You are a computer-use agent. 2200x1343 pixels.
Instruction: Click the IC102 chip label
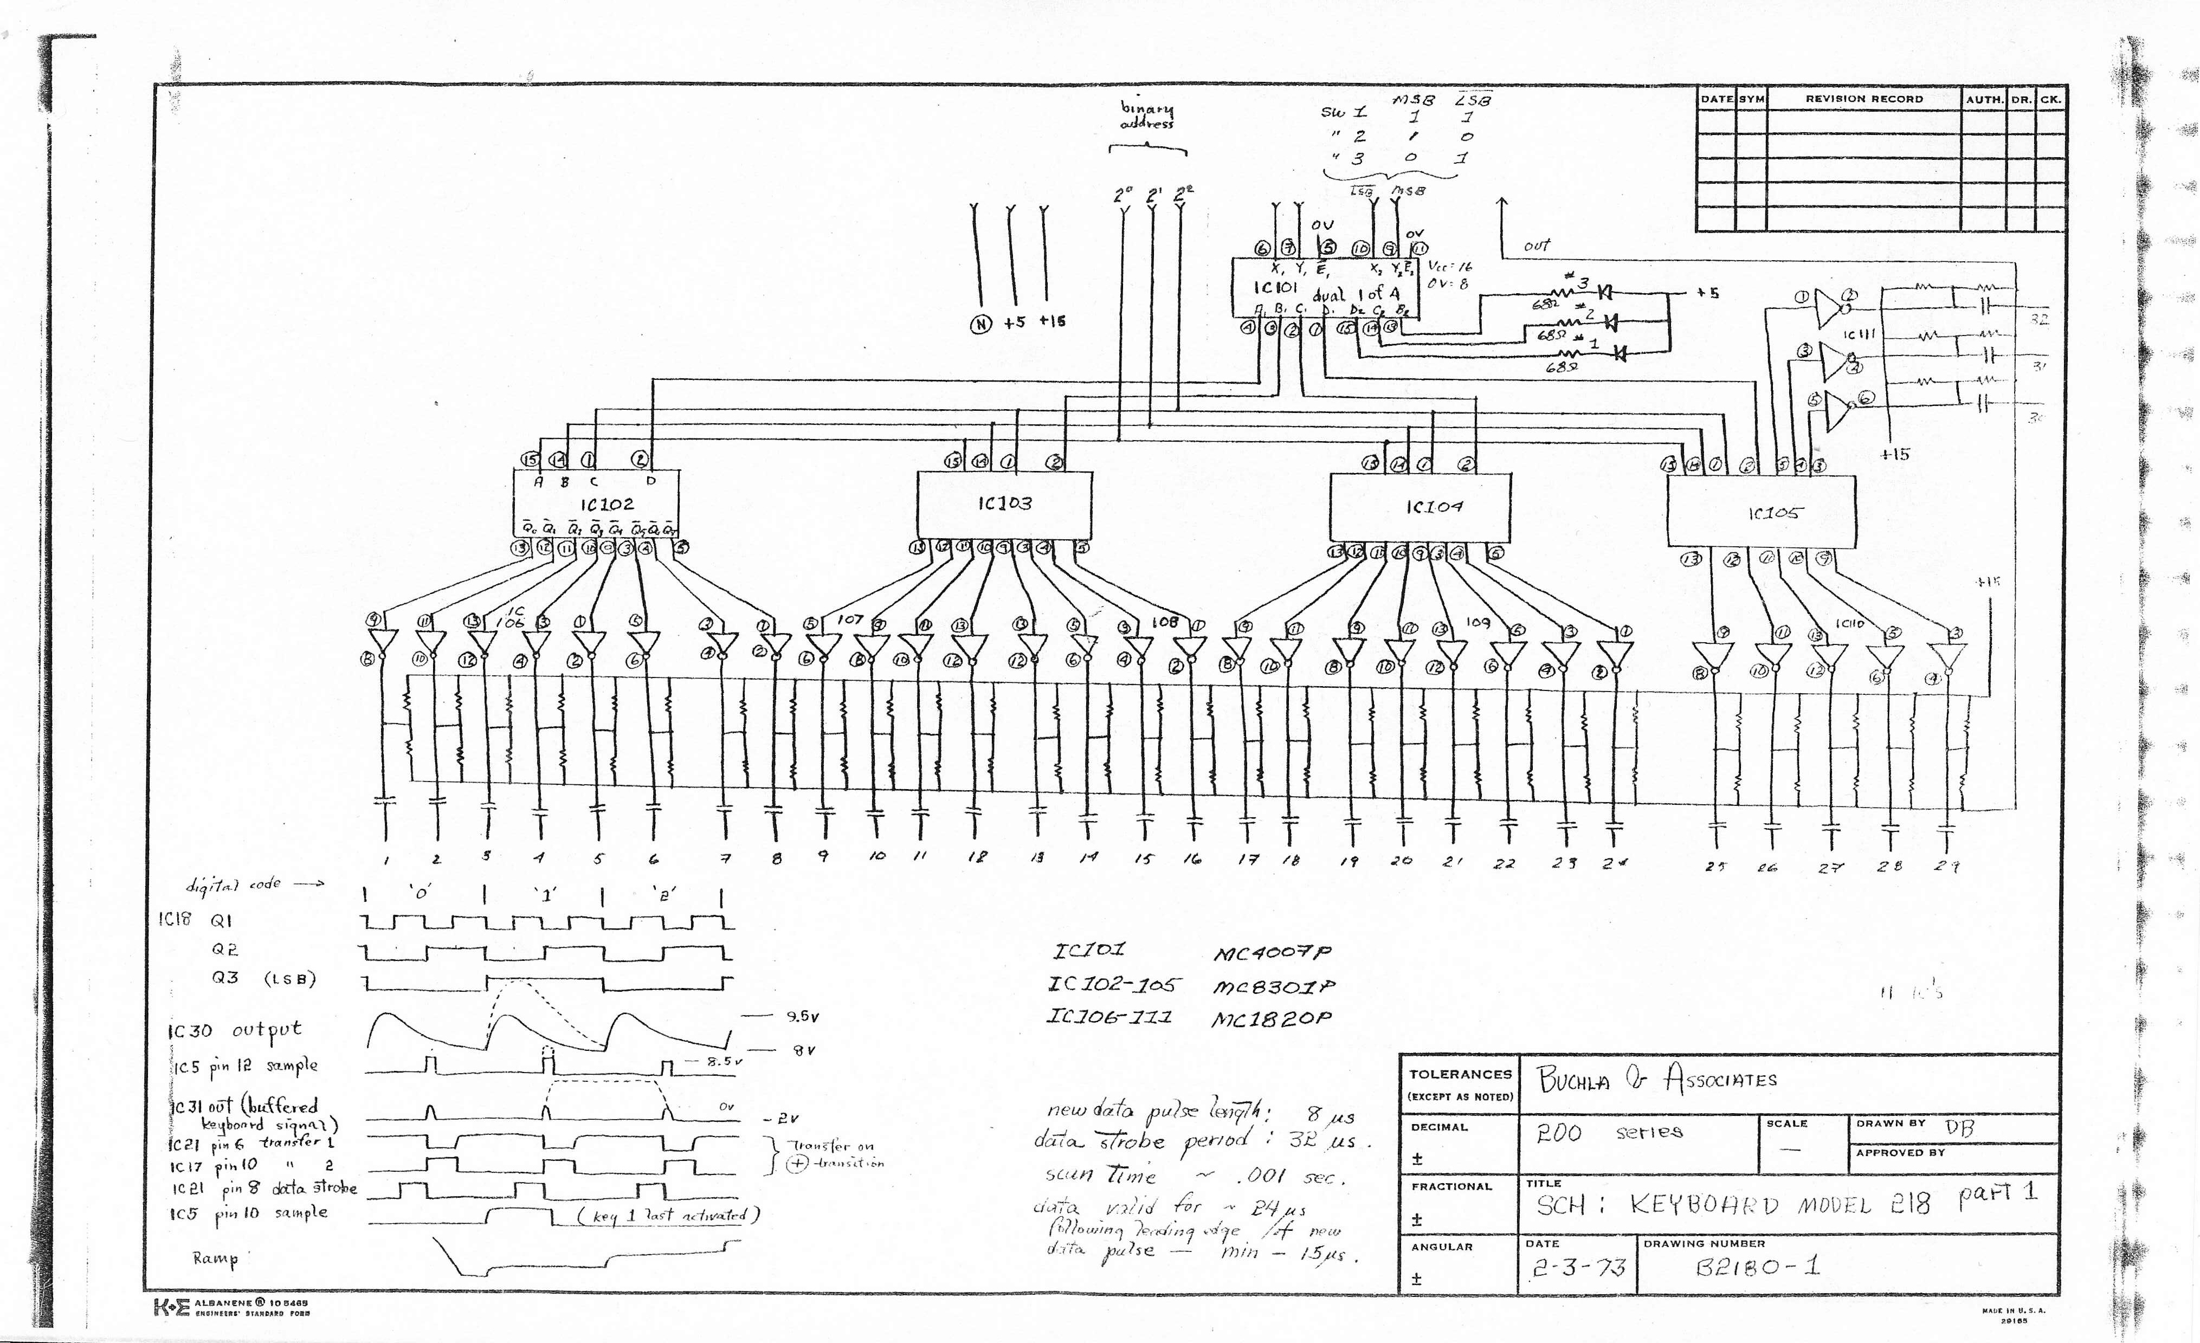607,505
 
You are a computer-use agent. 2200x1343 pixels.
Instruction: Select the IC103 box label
1004,503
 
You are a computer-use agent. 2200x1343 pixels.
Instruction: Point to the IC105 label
1775,513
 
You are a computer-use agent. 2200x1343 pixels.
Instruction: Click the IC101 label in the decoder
1275,288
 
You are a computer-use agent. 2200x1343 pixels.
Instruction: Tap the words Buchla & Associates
1656,1081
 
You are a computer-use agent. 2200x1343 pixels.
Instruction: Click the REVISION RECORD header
1864,99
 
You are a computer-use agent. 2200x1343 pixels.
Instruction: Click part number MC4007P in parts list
1272,953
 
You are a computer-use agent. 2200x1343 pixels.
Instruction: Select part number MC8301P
1274,987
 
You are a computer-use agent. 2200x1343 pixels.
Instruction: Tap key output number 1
386,861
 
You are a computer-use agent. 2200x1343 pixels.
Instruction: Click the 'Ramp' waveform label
216,1259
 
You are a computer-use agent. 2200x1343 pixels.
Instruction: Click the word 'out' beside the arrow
1537,244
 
